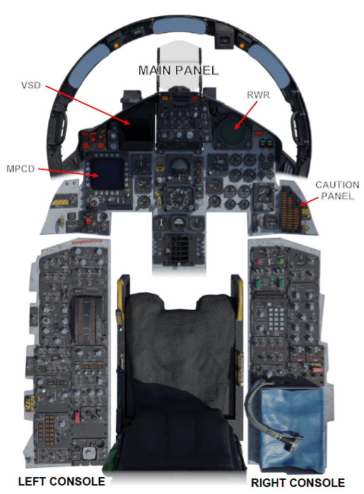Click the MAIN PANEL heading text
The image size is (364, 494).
[179, 71]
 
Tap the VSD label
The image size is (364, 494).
[31, 85]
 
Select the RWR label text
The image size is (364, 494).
[258, 95]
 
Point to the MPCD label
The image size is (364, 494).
[20, 169]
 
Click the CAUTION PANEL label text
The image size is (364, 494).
[337, 191]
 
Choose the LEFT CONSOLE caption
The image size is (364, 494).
[61, 481]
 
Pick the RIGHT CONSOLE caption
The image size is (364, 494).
[298, 483]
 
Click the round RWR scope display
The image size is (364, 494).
[232, 130]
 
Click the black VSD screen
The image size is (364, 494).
[137, 130]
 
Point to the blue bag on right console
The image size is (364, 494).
[292, 429]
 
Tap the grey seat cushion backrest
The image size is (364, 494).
[180, 340]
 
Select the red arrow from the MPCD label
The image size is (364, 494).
[68, 172]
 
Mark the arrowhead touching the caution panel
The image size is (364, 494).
[303, 203]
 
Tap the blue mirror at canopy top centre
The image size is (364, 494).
[179, 27]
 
